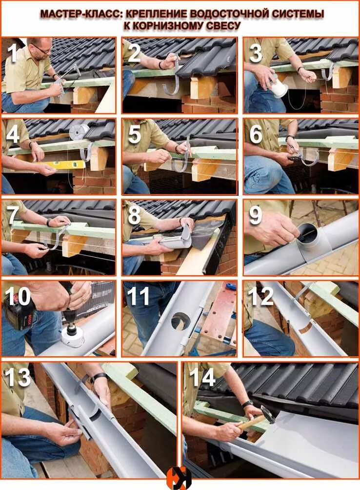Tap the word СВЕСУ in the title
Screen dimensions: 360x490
222,26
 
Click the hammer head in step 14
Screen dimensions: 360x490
268,413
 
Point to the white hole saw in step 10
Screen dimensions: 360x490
72,337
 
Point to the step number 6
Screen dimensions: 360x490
256,134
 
